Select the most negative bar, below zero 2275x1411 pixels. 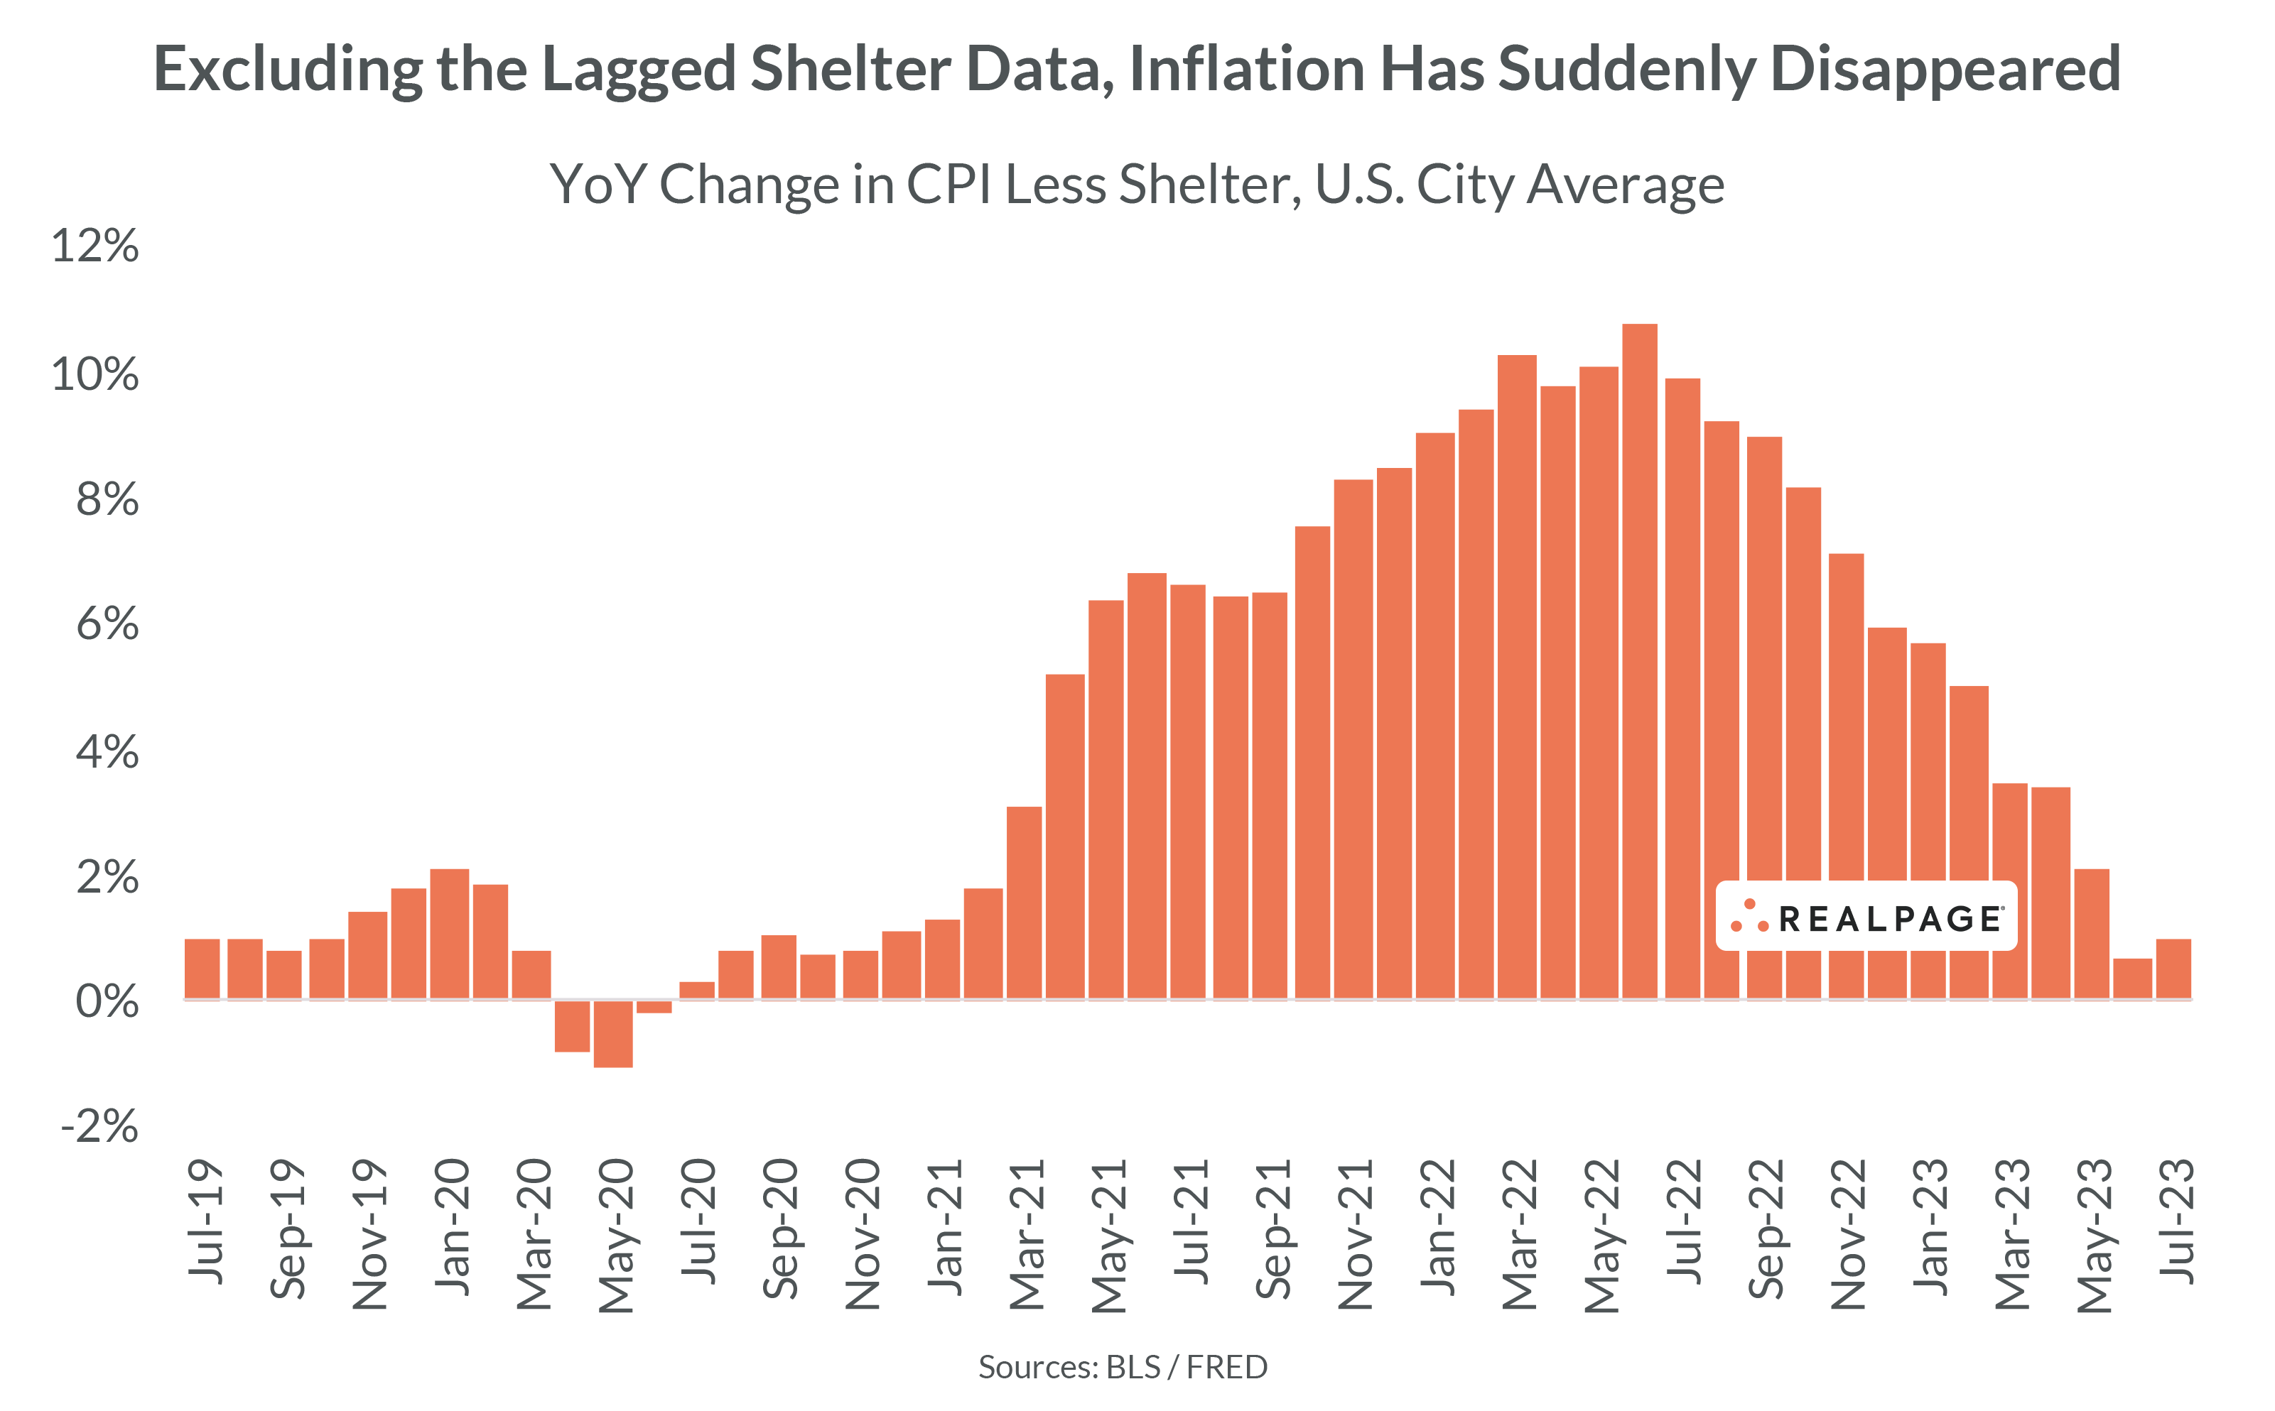pos(613,1033)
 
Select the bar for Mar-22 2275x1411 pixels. pos(1517,677)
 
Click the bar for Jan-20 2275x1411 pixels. pos(449,933)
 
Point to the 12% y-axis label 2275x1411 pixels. pos(95,246)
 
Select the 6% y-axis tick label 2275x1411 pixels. pos(107,623)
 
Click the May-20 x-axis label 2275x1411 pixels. pos(616,1236)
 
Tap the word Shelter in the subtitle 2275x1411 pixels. pos(1209,184)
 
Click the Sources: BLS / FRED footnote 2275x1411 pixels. pos(1122,1367)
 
